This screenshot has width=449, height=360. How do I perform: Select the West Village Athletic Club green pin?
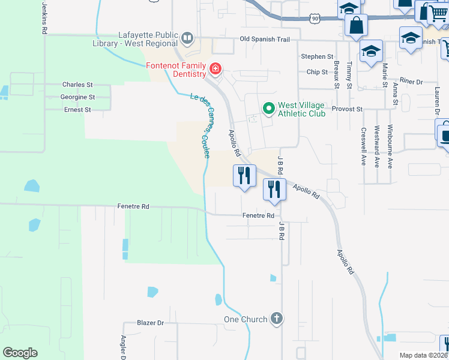coord(268,109)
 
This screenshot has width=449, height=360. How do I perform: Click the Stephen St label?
coord(317,56)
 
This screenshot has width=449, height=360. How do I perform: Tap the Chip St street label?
coord(317,72)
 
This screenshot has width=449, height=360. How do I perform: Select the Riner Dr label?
coord(411,81)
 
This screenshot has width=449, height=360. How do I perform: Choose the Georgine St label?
coord(77,97)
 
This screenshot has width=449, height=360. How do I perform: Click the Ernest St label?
coord(77,110)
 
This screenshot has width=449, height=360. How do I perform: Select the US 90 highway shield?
coord(315,19)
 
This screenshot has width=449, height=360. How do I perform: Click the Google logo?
coord(20,353)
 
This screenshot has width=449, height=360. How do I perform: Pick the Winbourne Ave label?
coord(390,146)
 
